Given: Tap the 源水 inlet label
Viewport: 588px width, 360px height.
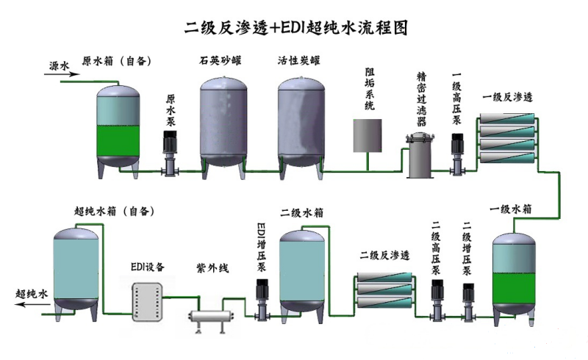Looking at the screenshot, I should [59, 66].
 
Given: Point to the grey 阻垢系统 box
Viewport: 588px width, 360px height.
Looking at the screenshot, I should [367, 137].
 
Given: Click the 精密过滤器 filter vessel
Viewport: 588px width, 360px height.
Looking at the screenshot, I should [420, 156].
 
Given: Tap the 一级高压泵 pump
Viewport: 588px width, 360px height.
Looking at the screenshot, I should [457, 154].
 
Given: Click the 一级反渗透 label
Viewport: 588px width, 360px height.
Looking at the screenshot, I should [507, 97].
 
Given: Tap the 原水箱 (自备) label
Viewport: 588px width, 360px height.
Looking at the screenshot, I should [117, 62].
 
